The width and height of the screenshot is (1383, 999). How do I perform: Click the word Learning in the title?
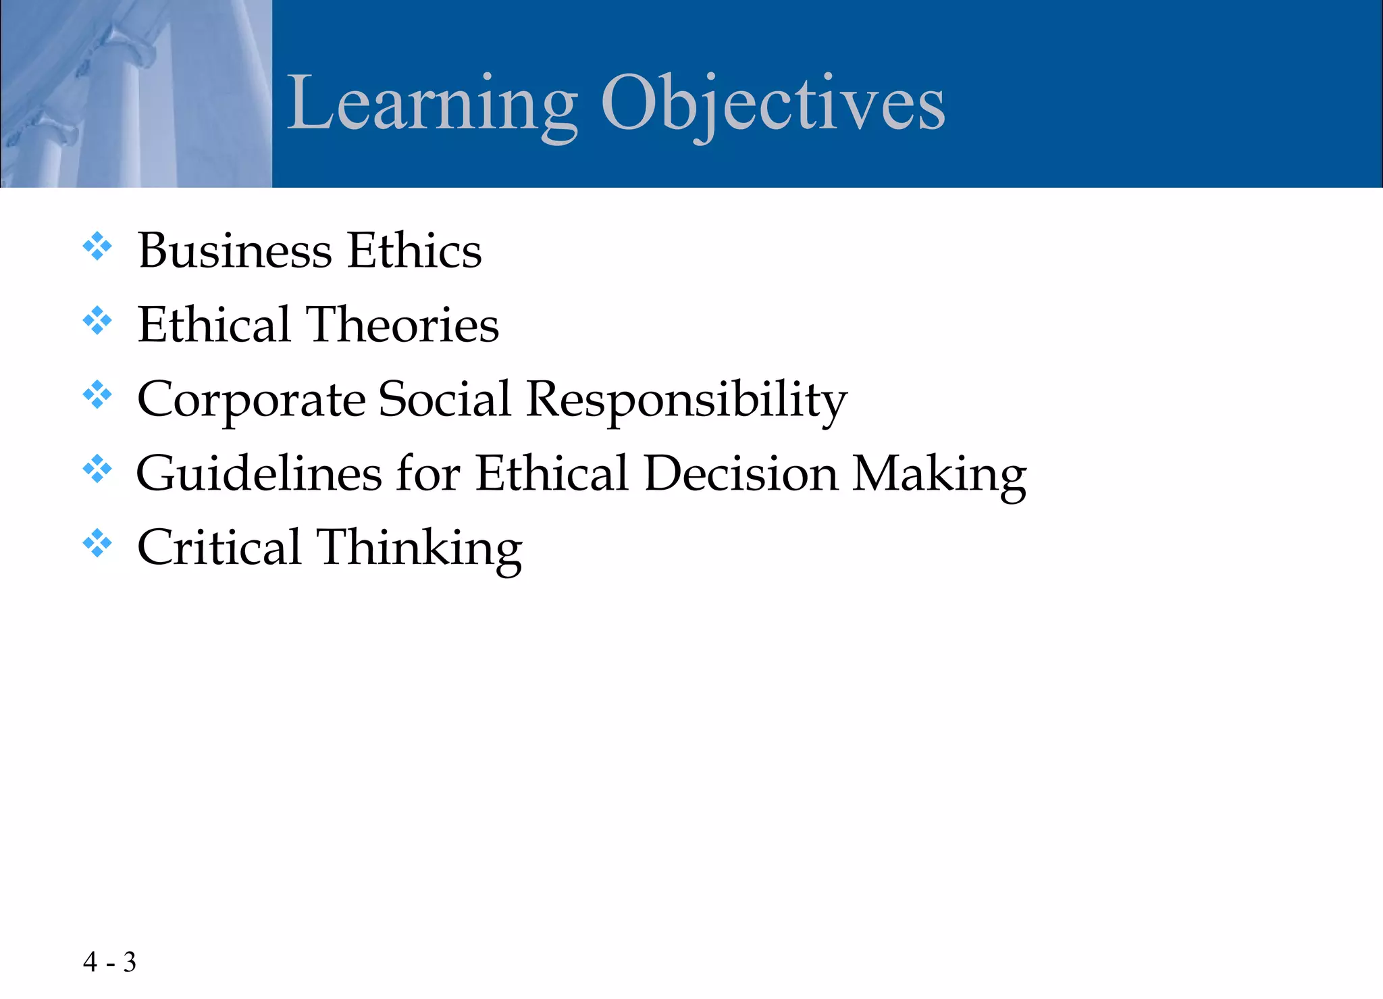tap(432, 105)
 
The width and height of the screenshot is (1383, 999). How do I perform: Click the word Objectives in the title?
tap(773, 105)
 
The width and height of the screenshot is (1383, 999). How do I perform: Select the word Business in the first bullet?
tap(235, 251)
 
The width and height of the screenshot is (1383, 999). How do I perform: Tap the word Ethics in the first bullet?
tap(414, 251)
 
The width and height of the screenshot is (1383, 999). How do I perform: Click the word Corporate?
tap(251, 400)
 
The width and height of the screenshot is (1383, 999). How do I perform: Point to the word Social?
tap(444, 399)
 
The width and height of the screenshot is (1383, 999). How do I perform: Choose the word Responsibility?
tap(686, 400)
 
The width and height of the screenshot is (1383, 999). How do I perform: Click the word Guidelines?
tap(259, 473)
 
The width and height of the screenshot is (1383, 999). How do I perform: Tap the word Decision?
tap(741, 473)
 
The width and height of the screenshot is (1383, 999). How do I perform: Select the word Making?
tap(939, 475)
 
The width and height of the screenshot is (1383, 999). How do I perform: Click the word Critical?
tap(219, 547)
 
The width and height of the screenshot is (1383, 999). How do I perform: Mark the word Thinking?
tap(419, 548)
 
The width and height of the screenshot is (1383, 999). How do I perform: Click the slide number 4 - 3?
tap(109, 962)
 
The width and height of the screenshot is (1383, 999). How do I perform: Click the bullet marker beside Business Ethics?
tap(97, 247)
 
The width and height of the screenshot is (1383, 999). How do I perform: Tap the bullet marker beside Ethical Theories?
tap(97, 322)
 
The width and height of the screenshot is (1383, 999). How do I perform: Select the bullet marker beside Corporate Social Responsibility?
tap(97, 396)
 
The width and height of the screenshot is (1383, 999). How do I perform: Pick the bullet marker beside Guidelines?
tap(97, 469)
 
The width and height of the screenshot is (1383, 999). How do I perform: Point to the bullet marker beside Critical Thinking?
tap(97, 544)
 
